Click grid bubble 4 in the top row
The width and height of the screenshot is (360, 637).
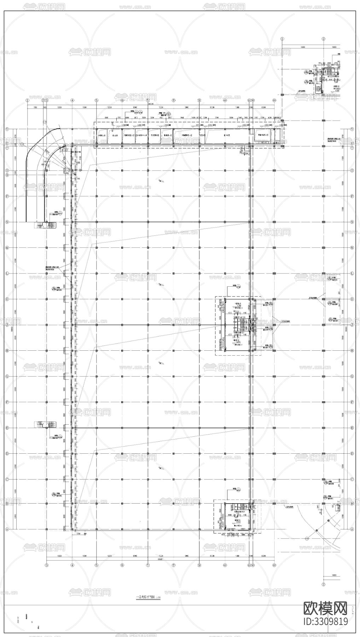[x=72, y=100]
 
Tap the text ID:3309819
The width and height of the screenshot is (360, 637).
[x=326, y=621]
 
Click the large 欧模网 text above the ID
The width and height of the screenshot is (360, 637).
[x=326, y=608]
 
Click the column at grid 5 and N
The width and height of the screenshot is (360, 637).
[x=96, y=222]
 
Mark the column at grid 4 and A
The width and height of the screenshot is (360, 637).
[x=72, y=529]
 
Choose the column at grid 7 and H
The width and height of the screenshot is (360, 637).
[x=147, y=351]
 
